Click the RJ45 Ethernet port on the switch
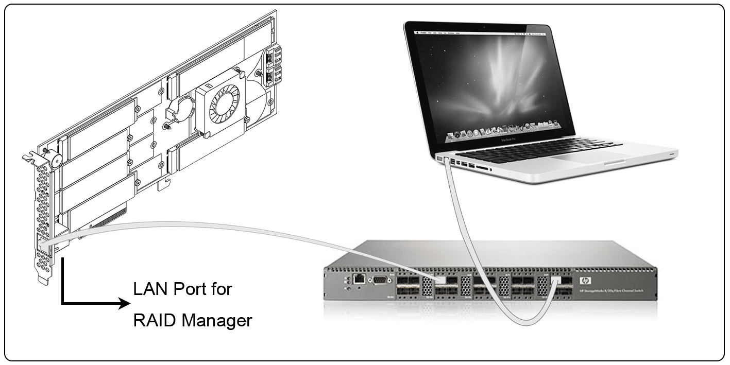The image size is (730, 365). coord(360,280)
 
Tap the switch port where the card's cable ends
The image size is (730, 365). coord(440,281)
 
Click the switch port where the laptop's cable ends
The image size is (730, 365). coord(555,281)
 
